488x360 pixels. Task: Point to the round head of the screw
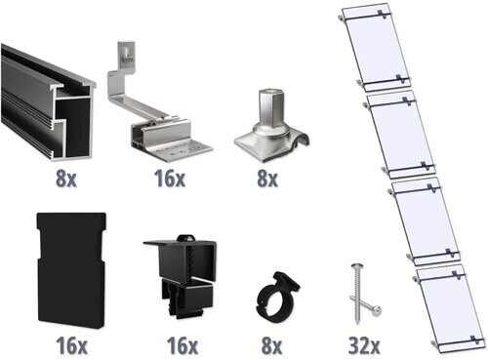click(352, 268)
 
